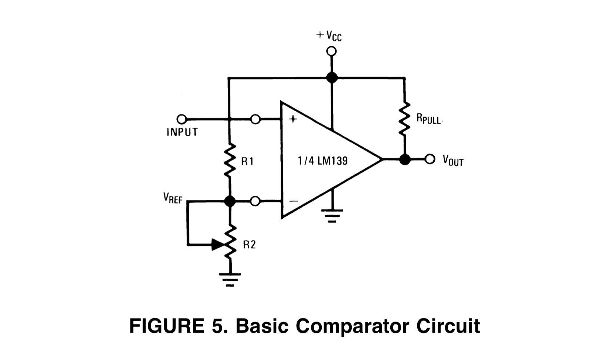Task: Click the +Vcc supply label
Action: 329,36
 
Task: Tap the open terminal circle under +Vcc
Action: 331,51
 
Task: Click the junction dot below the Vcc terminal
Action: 332,78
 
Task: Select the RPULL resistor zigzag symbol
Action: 404,118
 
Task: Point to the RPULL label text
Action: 429,119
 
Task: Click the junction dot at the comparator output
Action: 405,159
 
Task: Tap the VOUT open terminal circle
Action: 430,159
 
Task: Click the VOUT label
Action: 453,160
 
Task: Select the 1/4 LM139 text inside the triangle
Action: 323,161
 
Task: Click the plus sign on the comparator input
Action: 293,119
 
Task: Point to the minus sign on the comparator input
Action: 294,201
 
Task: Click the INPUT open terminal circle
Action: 182,119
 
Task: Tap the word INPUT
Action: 182,132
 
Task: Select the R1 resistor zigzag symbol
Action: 230,161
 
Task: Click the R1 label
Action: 247,161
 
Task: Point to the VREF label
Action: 173,198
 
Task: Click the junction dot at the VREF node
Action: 230,201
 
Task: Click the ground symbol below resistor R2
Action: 230,280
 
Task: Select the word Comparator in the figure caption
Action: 352,326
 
